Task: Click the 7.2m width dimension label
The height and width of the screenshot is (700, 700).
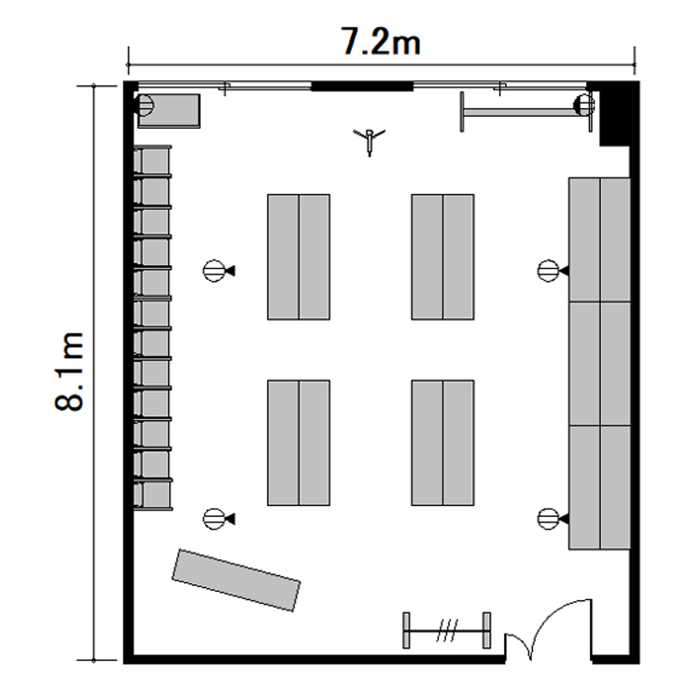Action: pos(381,41)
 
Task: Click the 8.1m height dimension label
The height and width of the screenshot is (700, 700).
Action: pos(69,371)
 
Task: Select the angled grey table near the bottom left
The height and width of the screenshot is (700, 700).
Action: pos(236,580)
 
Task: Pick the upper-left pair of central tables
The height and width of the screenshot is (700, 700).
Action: pos(299,257)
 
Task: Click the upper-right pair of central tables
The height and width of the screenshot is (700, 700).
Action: pos(442,257)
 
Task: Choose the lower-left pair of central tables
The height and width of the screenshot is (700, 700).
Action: pos(299,442)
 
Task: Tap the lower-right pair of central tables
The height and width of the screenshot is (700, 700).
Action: pos(442,442)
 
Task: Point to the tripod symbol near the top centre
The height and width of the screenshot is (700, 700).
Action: pos(370,140)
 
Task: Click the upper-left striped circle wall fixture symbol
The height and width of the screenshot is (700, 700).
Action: pos(218,271)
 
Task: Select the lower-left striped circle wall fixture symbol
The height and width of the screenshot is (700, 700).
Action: pos(218,519)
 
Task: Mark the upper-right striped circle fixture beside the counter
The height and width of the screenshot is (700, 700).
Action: pos(553,271)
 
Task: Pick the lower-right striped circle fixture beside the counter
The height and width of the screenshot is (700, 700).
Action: pos(553,519)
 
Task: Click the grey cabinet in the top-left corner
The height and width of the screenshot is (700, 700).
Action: pos(169,111)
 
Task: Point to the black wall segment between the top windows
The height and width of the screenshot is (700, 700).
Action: pos(361,86)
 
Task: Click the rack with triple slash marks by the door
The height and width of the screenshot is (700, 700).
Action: pos(447,630)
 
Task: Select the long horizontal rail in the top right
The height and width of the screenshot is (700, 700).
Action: pos(526,112)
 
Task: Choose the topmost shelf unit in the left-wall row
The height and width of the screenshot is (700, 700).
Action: pos(152,161)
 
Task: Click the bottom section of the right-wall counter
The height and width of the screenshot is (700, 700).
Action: pos(599,487)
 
